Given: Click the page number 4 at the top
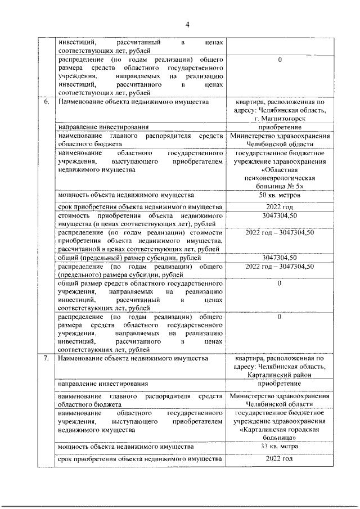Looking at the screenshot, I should click(x=188, y=24).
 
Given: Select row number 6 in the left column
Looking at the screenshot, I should click(x=46, y=102).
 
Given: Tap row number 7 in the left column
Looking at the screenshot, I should click(x=46, y=358).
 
